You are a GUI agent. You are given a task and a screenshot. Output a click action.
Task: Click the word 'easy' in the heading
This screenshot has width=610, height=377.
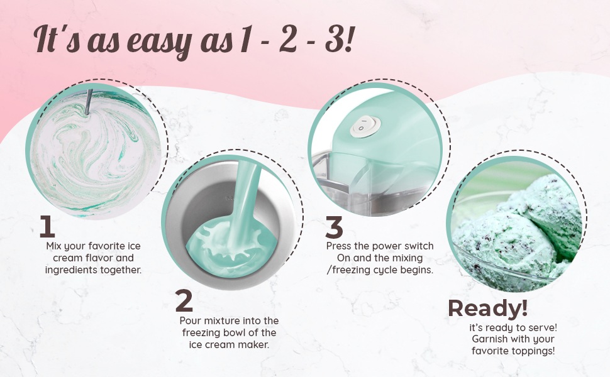159,42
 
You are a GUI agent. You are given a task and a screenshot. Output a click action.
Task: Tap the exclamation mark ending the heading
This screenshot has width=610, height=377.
348,39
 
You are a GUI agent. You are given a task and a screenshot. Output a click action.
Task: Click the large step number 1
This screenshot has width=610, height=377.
47,227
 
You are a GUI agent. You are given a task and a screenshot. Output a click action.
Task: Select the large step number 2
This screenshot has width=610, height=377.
184,300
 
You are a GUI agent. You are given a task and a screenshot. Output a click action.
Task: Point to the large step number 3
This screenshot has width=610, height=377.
334,227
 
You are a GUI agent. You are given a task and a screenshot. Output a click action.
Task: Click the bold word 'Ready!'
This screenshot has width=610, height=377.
488,309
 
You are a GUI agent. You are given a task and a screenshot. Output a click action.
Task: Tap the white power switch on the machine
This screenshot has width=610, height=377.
365,126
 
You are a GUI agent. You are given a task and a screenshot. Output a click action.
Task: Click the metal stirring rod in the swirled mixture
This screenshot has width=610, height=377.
89,102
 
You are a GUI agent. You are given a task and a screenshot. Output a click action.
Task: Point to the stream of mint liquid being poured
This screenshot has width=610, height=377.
244,202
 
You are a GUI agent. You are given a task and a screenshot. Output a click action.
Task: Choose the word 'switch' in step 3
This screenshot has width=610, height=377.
419,246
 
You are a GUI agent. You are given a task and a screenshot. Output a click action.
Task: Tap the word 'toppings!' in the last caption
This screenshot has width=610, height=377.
534,352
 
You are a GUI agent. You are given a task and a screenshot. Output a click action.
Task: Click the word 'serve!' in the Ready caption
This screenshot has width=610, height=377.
543,327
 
